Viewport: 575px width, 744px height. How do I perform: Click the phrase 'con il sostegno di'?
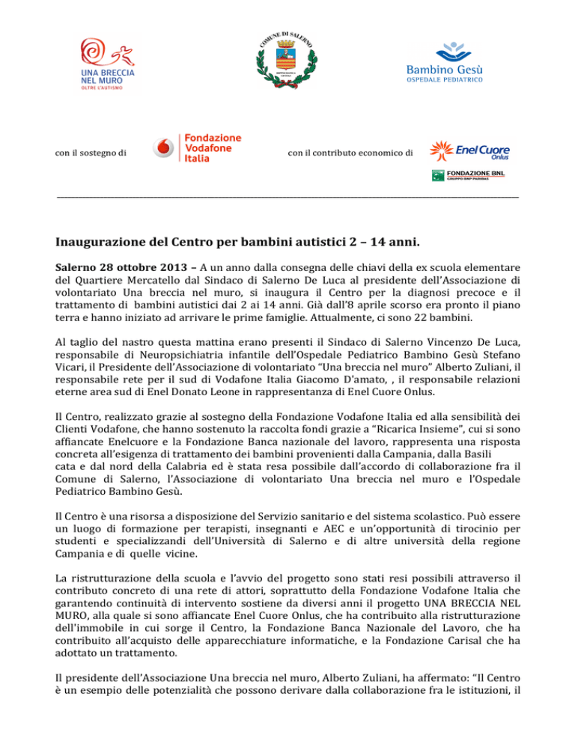pos(91,153)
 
